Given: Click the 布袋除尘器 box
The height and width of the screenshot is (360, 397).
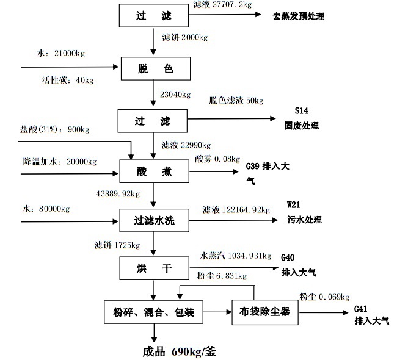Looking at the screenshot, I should [x=264, y=314].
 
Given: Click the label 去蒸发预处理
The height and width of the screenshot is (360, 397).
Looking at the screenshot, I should [x=298, y=16].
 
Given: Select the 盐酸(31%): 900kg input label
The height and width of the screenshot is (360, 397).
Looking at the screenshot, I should [x=55, y=129].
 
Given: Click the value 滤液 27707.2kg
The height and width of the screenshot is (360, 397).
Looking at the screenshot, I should [x=222, y=4].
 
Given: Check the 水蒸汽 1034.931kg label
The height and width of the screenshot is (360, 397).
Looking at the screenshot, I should [x=236, y=254].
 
